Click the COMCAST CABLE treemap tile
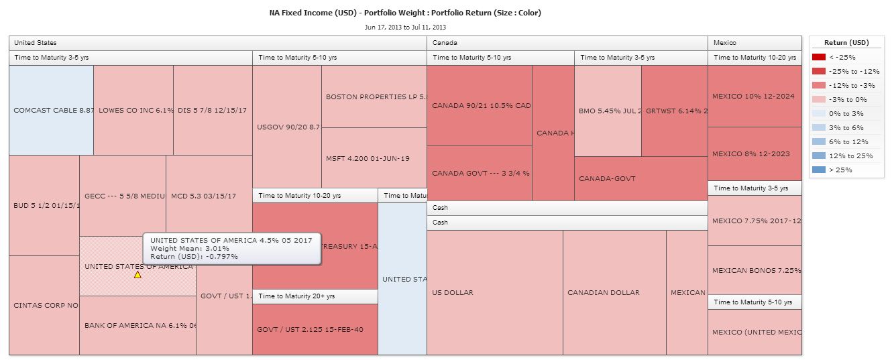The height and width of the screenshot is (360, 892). click(x=51, y=110)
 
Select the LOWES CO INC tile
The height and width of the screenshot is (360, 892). click(x=133, y=110)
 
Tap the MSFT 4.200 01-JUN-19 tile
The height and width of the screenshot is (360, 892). click(x=374, y=158)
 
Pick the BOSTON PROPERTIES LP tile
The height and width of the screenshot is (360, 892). click(x=374, y=97)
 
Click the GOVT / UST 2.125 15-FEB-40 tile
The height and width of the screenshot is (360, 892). click(x=315, y=329)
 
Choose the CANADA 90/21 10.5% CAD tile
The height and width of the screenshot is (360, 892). click(x=480, y=105)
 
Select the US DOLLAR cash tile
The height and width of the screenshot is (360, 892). click(x=494, y=292)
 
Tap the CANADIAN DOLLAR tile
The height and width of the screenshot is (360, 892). click(x=614, y=292)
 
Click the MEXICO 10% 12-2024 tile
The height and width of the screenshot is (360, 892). click(x=755, y=96)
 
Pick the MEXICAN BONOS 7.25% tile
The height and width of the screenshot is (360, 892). click(x=755, y=270)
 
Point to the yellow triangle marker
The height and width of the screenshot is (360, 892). click(x=137, y=274)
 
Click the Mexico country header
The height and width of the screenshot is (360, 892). click(x=725, y=43)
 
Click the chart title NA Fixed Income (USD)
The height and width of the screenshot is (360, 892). click(x=404, y=13)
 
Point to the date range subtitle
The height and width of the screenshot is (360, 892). click(x=405, y=27)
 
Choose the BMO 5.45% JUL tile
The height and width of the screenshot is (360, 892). click(x=608, y=111)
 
